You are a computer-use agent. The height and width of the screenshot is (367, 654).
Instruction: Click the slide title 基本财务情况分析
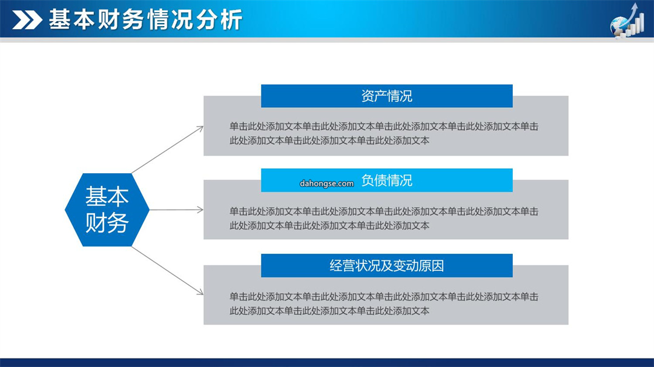[145, 19]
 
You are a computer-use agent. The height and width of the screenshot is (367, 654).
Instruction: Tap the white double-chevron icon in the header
[27, 20]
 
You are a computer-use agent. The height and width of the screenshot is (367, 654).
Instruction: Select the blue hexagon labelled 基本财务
[107, 210]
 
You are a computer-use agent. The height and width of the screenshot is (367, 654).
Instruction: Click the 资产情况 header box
[386, 96]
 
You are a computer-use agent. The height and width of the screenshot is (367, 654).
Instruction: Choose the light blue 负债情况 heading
[386, 180]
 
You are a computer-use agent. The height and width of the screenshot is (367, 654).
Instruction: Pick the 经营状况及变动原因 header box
[386, 266]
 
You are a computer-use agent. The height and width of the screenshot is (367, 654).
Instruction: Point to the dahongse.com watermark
[326, 183]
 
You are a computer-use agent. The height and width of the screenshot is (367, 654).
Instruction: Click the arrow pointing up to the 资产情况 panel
[168, 150]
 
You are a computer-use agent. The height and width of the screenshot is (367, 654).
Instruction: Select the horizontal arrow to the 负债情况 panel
[176, 210]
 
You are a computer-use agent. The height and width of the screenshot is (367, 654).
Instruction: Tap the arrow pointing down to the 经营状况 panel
[168, 271]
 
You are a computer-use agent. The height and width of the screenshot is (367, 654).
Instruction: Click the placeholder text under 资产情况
[384, 133]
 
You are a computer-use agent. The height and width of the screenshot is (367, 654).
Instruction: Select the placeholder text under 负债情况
[384, 219]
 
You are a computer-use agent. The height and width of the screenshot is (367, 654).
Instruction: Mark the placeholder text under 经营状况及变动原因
[384, 303]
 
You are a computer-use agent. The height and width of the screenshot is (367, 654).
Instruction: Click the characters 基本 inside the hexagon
[107, 196]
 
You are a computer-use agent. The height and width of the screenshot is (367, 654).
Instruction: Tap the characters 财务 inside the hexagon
[107, 223]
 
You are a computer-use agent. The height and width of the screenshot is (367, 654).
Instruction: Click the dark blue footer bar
[327, 362]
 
